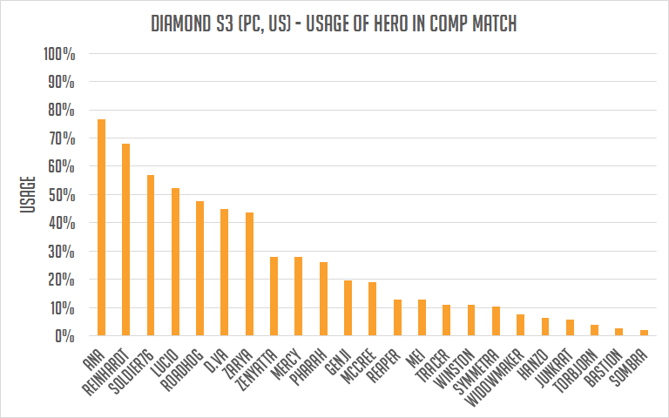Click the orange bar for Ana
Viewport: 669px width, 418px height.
[x=101, y=227]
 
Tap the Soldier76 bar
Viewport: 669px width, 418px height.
[x=151, y=255]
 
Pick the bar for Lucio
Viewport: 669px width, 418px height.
[x=175, y=261]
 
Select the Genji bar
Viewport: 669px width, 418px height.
[x=348, y=307]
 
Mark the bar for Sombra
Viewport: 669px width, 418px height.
[x=644, y=333]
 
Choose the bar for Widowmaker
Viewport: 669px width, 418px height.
[x=520, y=325]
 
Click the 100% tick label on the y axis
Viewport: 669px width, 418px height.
[x=59, y=54]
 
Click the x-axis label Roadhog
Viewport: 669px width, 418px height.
[x=181, y=369]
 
